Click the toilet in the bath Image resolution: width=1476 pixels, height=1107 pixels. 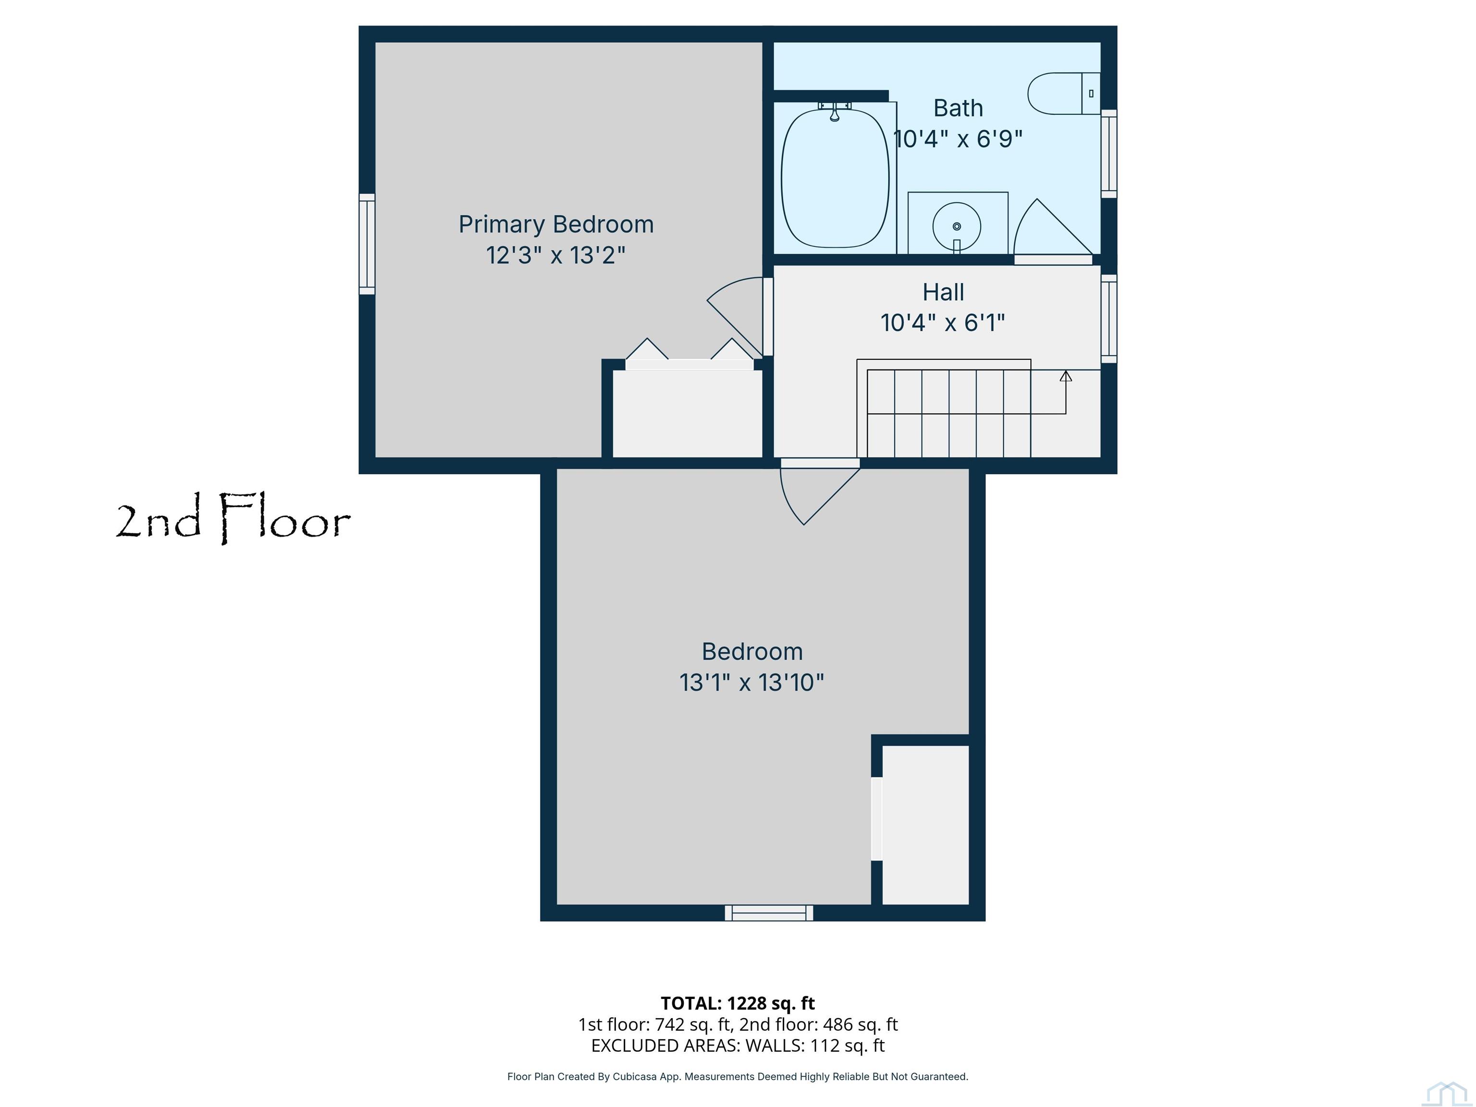click(1064, 93)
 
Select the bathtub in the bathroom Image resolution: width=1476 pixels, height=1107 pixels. click(835, 177)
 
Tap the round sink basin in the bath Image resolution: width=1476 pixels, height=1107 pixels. click(957, 226)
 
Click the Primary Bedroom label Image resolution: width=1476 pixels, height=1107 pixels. click(556, 225)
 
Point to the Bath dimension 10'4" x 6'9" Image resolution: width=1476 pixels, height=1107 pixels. click(958, 139)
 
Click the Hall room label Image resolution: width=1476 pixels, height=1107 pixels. click(943, 292)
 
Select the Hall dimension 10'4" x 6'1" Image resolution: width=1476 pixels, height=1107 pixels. click(942, 323)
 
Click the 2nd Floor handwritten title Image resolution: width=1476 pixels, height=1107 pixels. click(233, 518)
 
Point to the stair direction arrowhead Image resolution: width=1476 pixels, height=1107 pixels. click(1066, 376)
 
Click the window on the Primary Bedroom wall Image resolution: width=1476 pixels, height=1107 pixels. click(367, 244)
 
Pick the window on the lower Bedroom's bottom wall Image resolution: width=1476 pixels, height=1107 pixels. click(769, 913)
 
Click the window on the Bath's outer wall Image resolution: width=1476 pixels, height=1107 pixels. click(1108, 153)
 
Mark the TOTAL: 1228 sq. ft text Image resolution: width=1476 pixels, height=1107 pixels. click(738, 1003)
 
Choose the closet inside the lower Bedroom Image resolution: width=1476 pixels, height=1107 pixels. click(925, 825)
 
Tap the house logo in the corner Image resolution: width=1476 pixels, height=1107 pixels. click(1446, 1093)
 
